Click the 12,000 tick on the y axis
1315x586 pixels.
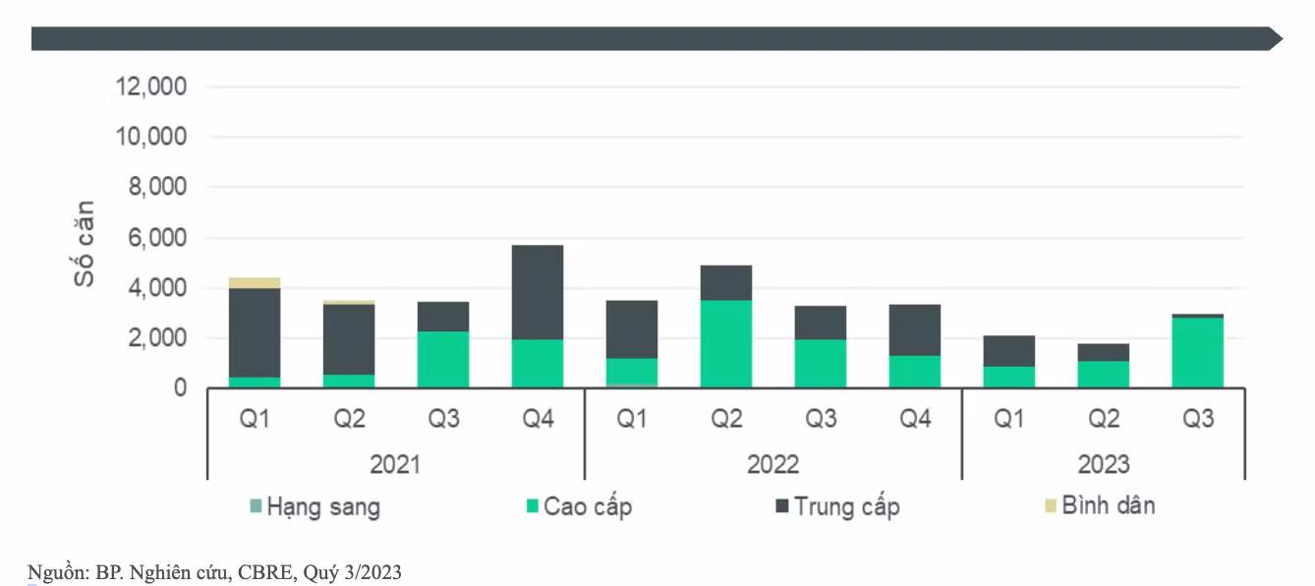point(151,87)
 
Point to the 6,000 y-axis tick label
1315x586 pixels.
point(157,238)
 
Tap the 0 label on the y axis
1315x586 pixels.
point(180,388)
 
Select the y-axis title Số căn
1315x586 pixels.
point(84,243)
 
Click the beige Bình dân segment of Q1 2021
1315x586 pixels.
point(255,283)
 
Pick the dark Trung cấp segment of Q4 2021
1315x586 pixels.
point(538,292)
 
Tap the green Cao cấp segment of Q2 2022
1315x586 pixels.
point(726,344)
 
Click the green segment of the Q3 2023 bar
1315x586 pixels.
point(1198,352)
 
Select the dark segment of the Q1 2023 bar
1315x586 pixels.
point(1009,351)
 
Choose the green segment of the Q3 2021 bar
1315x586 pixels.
point(443,359)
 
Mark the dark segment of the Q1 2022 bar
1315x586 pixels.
point(632,329)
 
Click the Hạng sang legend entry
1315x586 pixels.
point(315,506)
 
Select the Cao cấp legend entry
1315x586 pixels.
point(580,506)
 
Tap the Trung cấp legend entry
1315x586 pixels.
point(837,506)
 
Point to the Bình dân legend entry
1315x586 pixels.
point(1100,505)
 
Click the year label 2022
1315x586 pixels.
point(772,464)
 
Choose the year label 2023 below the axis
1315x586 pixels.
point(1104,464)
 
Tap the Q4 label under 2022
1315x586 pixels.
point(915,419)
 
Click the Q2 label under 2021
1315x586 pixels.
point(349,419)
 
